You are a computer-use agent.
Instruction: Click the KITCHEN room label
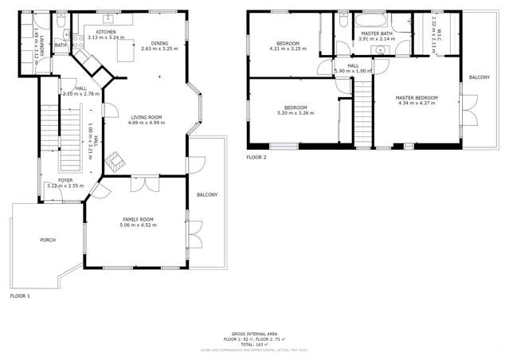point(106,32)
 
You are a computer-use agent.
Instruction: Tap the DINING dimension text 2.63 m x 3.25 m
point(160,49)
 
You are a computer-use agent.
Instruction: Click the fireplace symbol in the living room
point(118,161)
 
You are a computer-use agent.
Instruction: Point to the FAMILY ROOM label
point(138,219)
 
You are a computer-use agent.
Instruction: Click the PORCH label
point(47,240)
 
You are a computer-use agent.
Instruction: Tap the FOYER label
point(64,180)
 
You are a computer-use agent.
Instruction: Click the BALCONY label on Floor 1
point(207,194)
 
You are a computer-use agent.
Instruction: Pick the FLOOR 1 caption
point(20,295)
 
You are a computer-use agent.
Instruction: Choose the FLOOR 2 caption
point(256,158)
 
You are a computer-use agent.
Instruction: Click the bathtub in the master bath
point(372,21)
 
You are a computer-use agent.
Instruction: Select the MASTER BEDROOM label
point(417,98)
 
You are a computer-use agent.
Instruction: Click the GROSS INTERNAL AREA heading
point(254,335)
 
